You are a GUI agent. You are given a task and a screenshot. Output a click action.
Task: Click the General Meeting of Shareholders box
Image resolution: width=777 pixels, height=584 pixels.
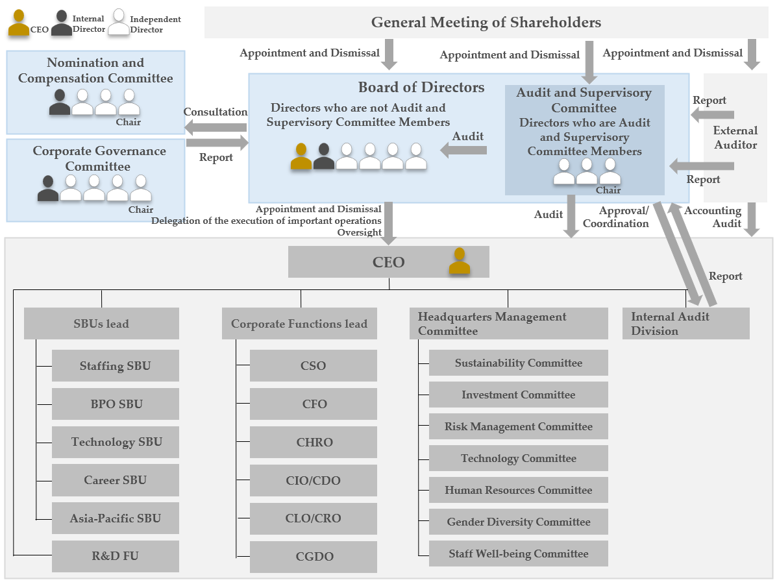click(486, 22)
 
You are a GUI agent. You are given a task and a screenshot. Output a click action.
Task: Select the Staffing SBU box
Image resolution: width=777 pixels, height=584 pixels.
click(116, 365)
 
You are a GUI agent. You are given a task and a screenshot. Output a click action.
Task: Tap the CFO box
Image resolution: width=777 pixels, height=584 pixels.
click(313, 404)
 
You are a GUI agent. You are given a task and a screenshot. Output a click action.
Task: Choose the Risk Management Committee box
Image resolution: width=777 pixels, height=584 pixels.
click(519, 426)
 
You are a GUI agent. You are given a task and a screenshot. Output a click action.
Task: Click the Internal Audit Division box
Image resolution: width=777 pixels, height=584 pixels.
click(686, 323)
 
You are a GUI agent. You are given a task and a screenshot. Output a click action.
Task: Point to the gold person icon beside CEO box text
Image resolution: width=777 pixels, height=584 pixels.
click(460, 261)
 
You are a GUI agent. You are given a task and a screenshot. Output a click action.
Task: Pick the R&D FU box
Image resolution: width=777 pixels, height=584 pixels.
click(116, 556)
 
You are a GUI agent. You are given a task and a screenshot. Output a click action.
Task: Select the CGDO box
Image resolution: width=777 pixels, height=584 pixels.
click(313, 557)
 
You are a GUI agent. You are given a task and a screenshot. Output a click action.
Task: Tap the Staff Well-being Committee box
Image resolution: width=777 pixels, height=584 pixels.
click(519, 554)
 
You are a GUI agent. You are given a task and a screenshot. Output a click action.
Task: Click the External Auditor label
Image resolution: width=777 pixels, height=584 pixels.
click(735, 138)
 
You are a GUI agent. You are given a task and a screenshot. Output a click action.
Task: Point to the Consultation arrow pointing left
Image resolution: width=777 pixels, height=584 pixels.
click(216, 127)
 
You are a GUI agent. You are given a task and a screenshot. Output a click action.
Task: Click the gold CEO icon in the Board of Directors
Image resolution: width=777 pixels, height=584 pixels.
click(301, 156)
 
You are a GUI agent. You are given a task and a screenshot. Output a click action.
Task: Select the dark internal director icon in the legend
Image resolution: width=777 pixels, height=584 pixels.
click(62, 23)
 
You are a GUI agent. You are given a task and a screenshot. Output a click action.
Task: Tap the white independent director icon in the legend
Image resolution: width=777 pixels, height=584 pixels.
click(119, 22)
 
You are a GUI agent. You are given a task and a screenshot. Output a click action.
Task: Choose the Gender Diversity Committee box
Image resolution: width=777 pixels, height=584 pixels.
click(519, 522)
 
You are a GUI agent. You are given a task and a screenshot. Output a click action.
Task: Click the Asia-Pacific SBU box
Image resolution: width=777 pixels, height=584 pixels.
click(116, 518)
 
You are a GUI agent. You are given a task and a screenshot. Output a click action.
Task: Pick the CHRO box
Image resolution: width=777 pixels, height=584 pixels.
click(313, 442)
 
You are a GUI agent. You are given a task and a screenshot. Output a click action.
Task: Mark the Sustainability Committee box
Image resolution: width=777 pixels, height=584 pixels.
click(519, 363)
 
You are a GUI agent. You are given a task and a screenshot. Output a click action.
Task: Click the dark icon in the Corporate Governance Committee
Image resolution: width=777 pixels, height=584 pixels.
click(48, 188)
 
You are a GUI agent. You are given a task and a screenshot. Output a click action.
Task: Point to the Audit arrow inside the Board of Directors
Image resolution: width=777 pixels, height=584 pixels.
click(463, 150)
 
